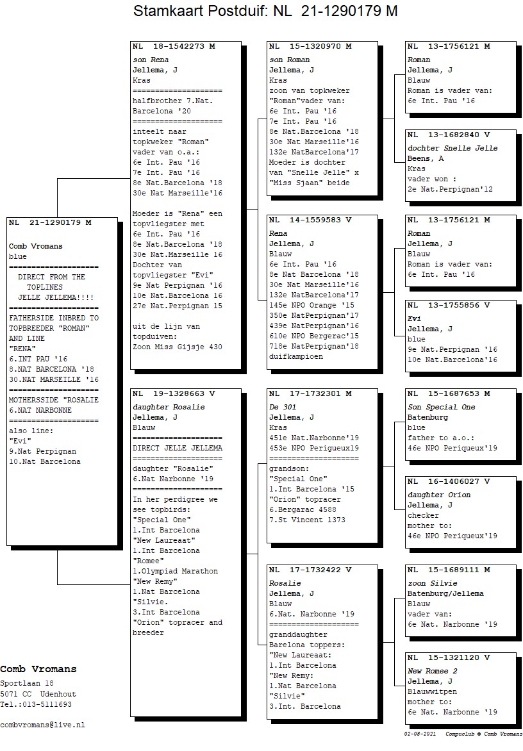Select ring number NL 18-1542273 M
(174, 47)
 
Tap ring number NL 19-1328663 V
(174, 393)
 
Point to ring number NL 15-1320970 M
(310, 47)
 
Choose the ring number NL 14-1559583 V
(310, 220)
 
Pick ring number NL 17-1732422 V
(310, 570)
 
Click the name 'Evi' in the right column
(414, 318)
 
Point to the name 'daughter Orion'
(439, 495)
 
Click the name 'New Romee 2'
(433, 671)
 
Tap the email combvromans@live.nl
(42, 725)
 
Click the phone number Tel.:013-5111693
(36, 704)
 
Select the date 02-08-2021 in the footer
(417, 733)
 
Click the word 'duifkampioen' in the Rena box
(296, 356)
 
